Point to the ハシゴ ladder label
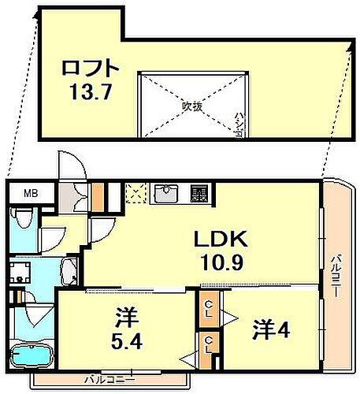coord(237,127)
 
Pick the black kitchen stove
coord(199,193)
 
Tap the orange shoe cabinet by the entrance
coord(98,194)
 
